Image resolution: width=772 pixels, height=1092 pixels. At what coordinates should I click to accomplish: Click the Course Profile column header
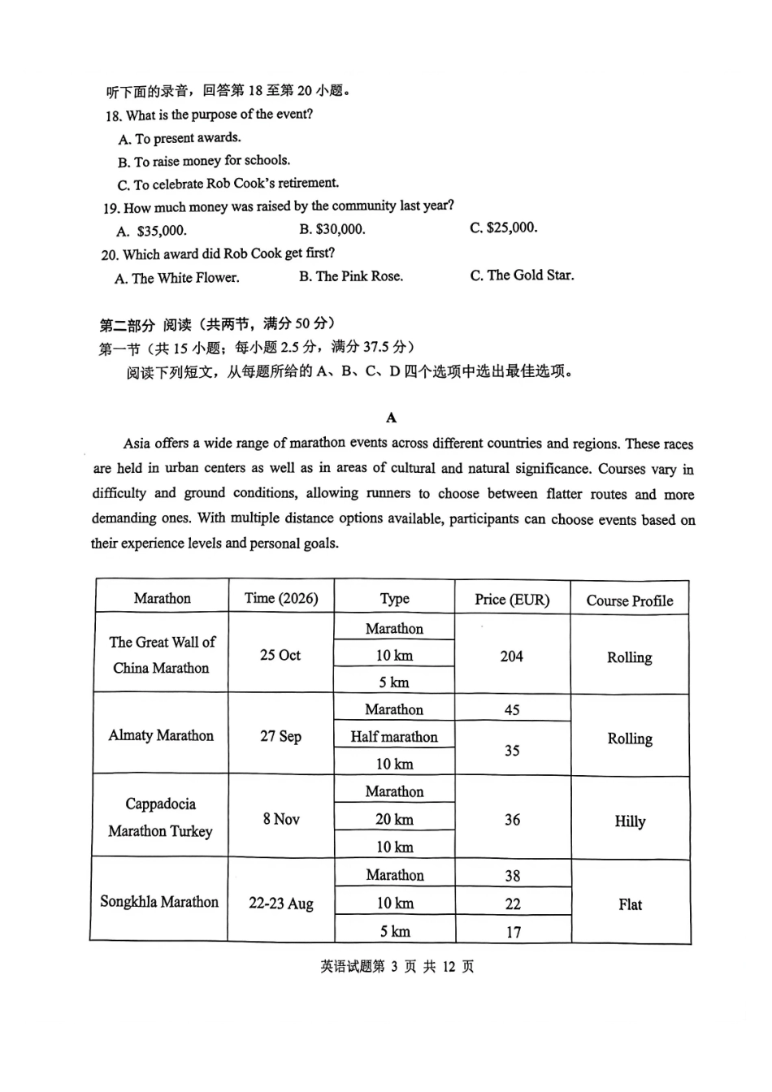click(x=630, y=600)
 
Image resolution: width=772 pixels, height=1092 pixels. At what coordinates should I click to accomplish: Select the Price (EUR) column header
click(x=512, y=600)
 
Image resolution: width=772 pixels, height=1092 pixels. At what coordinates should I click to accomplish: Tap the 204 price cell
click(x=512, y=656)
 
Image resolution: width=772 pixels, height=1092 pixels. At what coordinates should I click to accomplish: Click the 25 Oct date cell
click(x=280, y=655)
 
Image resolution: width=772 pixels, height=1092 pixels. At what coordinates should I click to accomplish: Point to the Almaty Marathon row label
click(x=161, y=735)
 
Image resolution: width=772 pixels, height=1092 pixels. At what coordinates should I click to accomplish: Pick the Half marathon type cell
click(x=394, y=737)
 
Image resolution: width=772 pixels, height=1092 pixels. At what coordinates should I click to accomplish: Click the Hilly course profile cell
click(x=630, y=821)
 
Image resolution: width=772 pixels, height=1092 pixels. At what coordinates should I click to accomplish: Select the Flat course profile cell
click(x=630, y=904)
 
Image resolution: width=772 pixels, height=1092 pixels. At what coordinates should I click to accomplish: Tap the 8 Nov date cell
click(x=281, y=819)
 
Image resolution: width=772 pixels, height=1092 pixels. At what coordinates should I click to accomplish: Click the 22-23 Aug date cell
click(x=281, y=903)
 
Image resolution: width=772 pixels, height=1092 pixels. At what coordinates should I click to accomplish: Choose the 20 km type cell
click(x=394, y=819)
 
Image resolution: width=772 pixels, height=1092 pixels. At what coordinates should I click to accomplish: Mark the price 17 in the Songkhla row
click(x=514, y=932)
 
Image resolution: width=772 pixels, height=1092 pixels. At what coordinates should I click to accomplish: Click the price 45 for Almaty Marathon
click(x=512, y=709)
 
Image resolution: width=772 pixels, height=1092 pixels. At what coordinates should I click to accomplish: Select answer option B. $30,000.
click(x=332, y=229)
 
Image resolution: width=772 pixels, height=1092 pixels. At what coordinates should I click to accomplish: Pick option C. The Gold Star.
click(x=522, y=275)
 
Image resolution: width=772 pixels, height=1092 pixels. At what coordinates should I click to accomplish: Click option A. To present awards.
click(x=180, y=138)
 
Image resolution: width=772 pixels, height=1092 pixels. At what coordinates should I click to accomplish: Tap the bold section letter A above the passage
click(x=392, y=418)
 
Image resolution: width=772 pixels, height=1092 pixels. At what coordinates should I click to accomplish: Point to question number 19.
click(x=111, y=208)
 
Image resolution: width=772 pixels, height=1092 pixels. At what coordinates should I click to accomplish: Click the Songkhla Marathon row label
click(x=159, y=902)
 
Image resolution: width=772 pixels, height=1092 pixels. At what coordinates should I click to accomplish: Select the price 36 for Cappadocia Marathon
click(x=512, y=820)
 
